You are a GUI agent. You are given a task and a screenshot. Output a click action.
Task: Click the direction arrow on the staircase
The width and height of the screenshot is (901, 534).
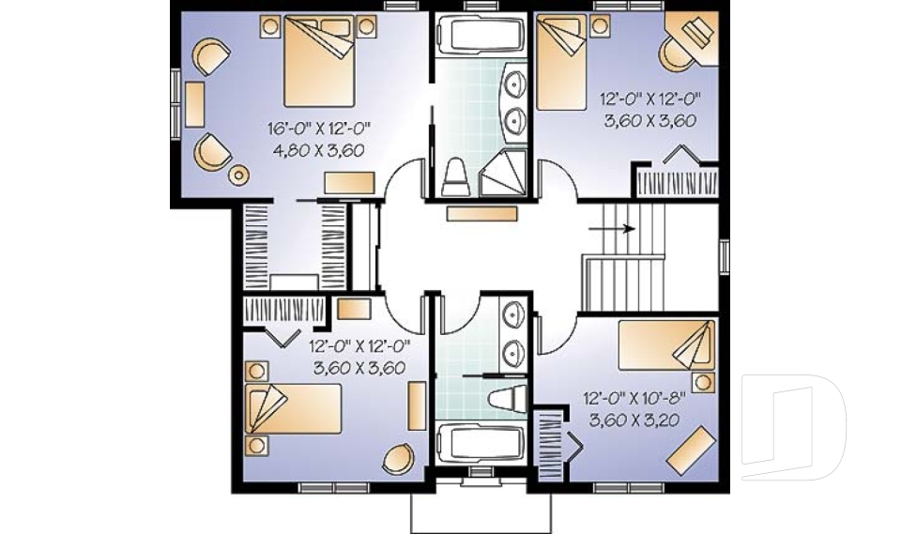[x=610, y=227]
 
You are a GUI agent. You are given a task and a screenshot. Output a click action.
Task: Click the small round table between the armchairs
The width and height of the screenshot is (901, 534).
[x=239, y=174]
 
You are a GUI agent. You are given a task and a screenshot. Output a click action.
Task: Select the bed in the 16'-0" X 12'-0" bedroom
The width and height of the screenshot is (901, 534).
[x=319, y=63]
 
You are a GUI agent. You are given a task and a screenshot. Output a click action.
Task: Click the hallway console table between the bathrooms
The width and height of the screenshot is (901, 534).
[x=481, y=214]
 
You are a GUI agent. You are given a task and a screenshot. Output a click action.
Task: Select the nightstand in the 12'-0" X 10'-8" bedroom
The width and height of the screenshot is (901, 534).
[x=699, y=381]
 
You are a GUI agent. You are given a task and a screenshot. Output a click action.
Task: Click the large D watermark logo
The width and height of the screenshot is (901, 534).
[x=793, y=427]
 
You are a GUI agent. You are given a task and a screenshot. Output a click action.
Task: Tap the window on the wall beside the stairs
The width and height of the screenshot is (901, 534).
[x=724, y=255]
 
